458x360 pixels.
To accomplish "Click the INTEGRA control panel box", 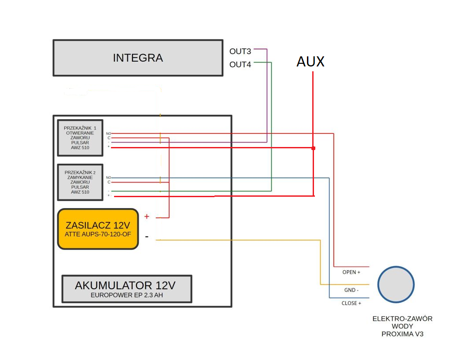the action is [138, 58].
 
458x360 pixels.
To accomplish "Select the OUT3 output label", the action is [240, 51].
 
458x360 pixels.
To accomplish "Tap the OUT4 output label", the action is [240, 65].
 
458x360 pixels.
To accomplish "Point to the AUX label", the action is [310, 62].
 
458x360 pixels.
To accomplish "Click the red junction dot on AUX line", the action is [314, 148].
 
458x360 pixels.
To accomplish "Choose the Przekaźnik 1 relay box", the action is [80, 138].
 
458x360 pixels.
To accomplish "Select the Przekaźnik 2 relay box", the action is [80, 182].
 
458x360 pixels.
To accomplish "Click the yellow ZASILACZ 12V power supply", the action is [98, 229].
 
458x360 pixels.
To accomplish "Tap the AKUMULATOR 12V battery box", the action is [127, 289].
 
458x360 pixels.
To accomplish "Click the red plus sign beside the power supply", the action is [147, 217].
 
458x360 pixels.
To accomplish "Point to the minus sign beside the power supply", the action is [147, 236].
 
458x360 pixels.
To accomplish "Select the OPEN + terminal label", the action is [351, 272].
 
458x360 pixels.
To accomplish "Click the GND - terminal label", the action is [351, 290].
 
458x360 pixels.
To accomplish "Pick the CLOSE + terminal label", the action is [351, 303].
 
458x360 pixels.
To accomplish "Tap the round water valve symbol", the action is [396, 284].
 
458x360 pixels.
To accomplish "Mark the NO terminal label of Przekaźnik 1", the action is [108, 133].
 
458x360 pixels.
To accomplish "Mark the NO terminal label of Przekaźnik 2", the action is [108, 177].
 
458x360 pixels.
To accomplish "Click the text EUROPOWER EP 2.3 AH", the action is [127, 295].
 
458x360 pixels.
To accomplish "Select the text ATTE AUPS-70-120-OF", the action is [98, 234].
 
